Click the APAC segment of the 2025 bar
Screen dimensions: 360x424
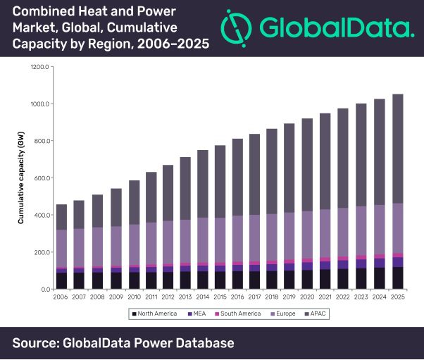point(397,149)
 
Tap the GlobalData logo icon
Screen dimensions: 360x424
point(237,27)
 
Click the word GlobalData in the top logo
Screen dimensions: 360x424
point(335,27)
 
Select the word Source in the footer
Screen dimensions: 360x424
point(36,343)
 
